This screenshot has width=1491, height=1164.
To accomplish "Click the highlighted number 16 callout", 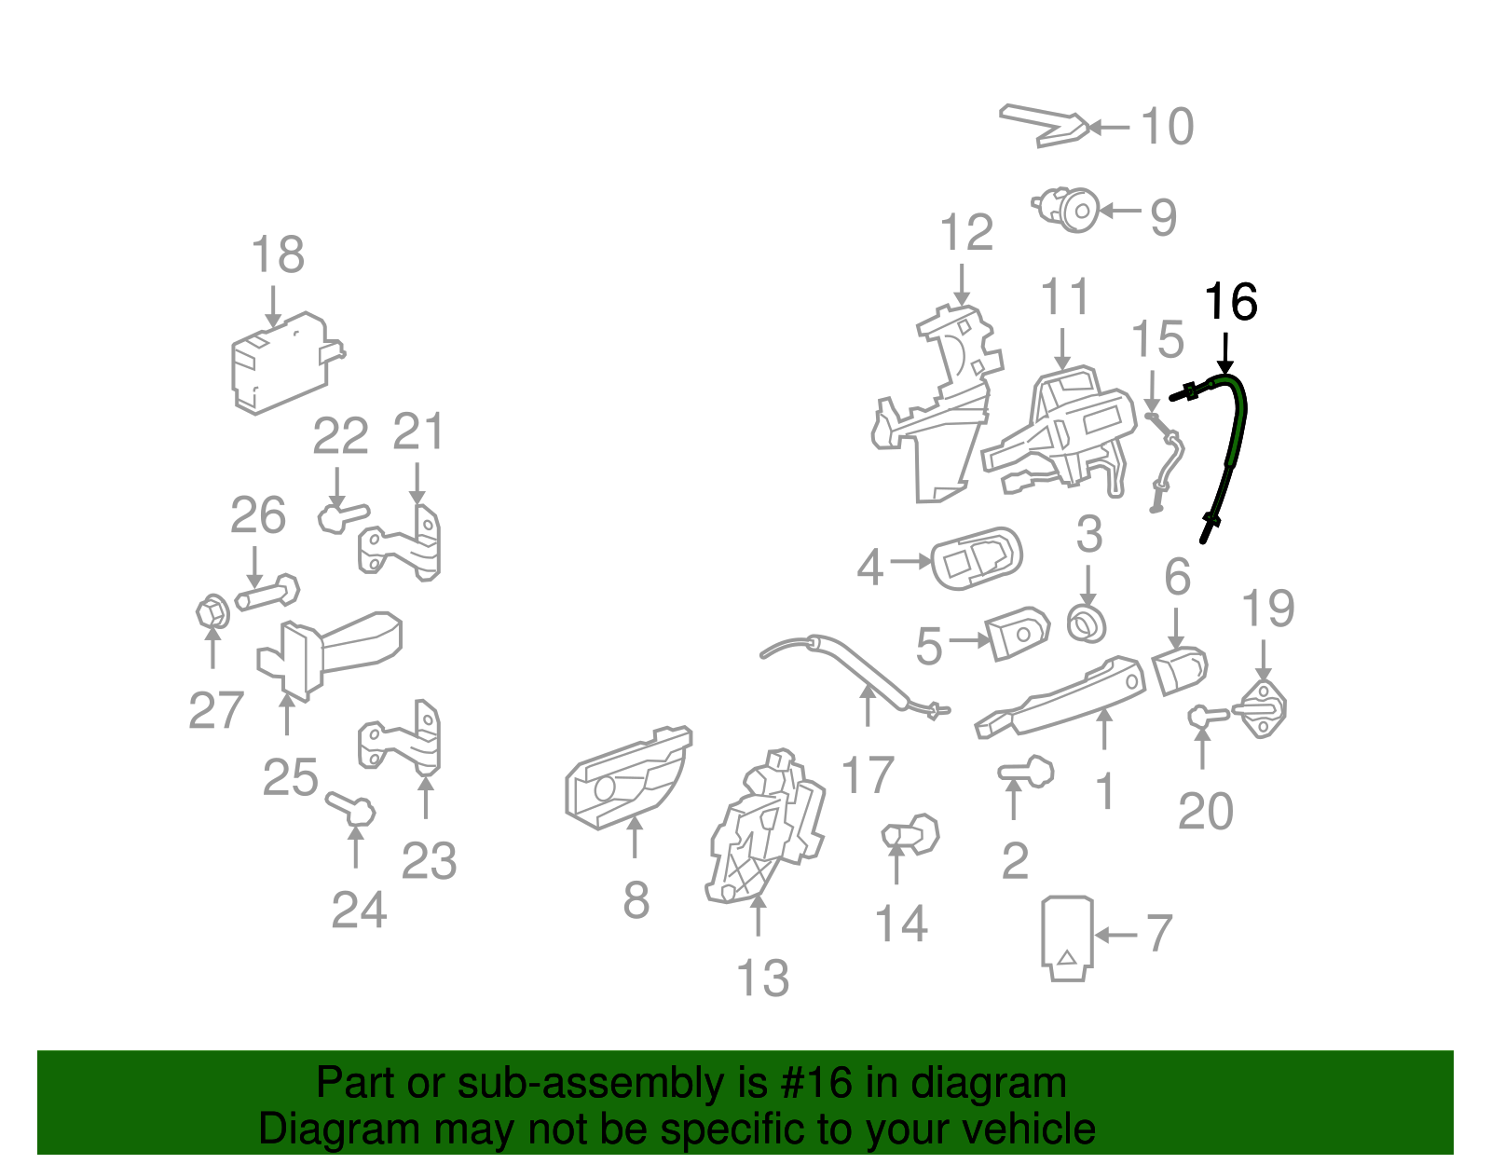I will click(x=1230, y=303).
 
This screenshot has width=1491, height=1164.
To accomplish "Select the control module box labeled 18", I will click(x=280, y=363).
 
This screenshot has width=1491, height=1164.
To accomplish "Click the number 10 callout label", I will click(x=1166, y=127).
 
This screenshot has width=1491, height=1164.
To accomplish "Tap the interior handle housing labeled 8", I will click(x=626, y=778).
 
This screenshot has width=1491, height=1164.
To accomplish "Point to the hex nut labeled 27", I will click(x=212, y=612).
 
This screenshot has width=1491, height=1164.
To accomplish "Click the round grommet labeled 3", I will click(x=1087, y=623).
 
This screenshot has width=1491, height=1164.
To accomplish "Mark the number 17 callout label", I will click(x=867, y=775).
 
